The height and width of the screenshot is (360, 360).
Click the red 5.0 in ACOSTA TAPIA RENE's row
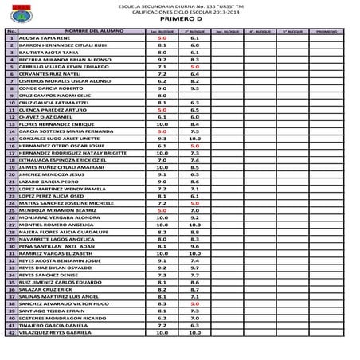click(162, 37)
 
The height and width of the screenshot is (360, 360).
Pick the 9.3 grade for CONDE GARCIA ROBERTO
click(194, 88)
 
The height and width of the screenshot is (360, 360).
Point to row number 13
click(11, 124)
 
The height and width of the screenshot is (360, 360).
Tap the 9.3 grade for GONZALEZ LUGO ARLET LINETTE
click(162, 139)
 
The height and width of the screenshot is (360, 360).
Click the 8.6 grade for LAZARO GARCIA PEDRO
click(194, 182)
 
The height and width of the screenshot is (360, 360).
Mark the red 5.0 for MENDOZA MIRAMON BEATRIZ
click(162, 210)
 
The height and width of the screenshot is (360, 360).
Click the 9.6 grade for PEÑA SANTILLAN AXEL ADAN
click(194, 246)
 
